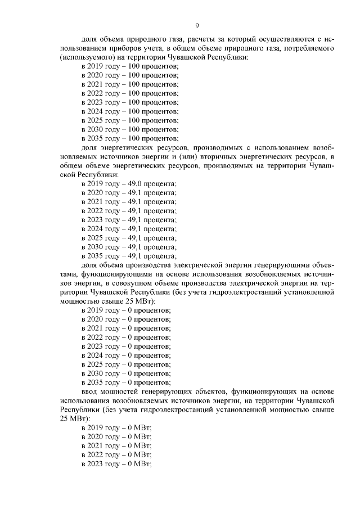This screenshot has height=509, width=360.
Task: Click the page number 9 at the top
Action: [197, 25]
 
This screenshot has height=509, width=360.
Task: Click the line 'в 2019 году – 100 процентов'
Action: [130, 66]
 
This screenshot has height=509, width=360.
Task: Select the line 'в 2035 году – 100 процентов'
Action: [130, 138]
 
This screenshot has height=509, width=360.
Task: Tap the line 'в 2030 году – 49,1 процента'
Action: [129, 247]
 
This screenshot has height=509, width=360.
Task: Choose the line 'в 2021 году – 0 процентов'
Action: [127, 328]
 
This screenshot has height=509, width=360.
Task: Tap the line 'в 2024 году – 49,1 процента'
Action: [129, 229]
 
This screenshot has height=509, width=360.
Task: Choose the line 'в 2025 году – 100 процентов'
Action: [130, 120]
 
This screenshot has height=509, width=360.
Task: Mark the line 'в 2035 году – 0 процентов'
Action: [127, 382]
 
